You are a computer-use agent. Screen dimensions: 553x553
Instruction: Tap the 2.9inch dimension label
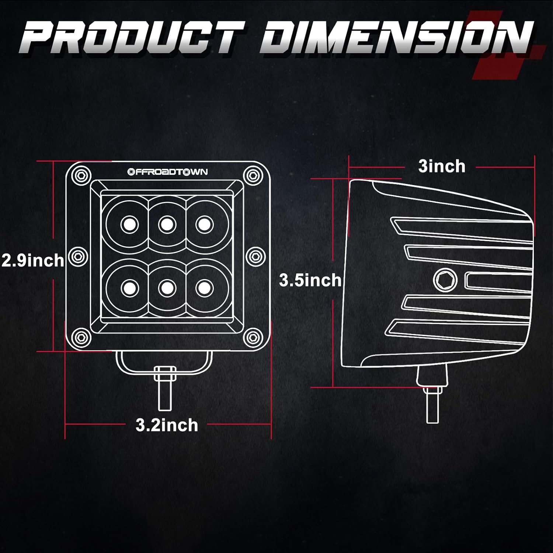pos(32,261)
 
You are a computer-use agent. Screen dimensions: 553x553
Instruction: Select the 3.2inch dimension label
pos(167,425)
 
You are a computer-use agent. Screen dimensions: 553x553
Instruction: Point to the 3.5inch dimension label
pos(310,280)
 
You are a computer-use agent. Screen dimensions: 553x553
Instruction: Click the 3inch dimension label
pos(442,166)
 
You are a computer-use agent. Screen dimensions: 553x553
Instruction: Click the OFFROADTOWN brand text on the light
pos(167,172)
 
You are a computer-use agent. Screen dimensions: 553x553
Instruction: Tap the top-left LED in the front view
pos(129,224)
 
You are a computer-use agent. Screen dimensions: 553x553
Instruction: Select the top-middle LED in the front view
pos(167,224)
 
